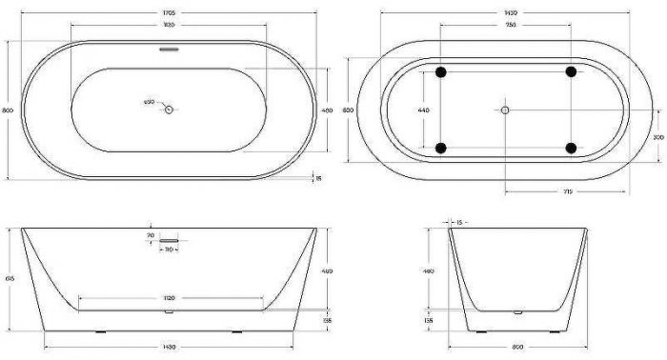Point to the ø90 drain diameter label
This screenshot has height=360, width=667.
[x=149, y=102]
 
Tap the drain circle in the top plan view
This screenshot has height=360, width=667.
[x=169, y=110]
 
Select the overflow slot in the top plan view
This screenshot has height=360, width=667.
[x=168, y=48]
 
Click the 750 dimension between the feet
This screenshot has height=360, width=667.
[x=506, y=27]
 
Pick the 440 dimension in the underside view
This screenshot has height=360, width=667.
[x=425, y=110]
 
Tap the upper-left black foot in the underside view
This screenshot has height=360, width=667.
[x=440, y=72]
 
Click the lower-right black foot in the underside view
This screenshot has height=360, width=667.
[x=571, y=147]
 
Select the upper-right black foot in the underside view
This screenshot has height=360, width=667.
[x=571, y=72]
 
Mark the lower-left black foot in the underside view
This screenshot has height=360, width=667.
[x=440, y=147]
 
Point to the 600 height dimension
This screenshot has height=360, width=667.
[x=349, y=110]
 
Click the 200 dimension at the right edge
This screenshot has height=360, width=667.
[x=657, y=137]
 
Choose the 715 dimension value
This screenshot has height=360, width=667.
[x=566, y=191]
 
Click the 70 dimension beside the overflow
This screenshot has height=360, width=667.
[x=150, y=234]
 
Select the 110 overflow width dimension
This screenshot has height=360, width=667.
[x=169, y=250]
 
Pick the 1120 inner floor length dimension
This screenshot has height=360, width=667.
[x=171, y=296]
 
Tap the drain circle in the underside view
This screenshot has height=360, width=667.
[x=506, y=110]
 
